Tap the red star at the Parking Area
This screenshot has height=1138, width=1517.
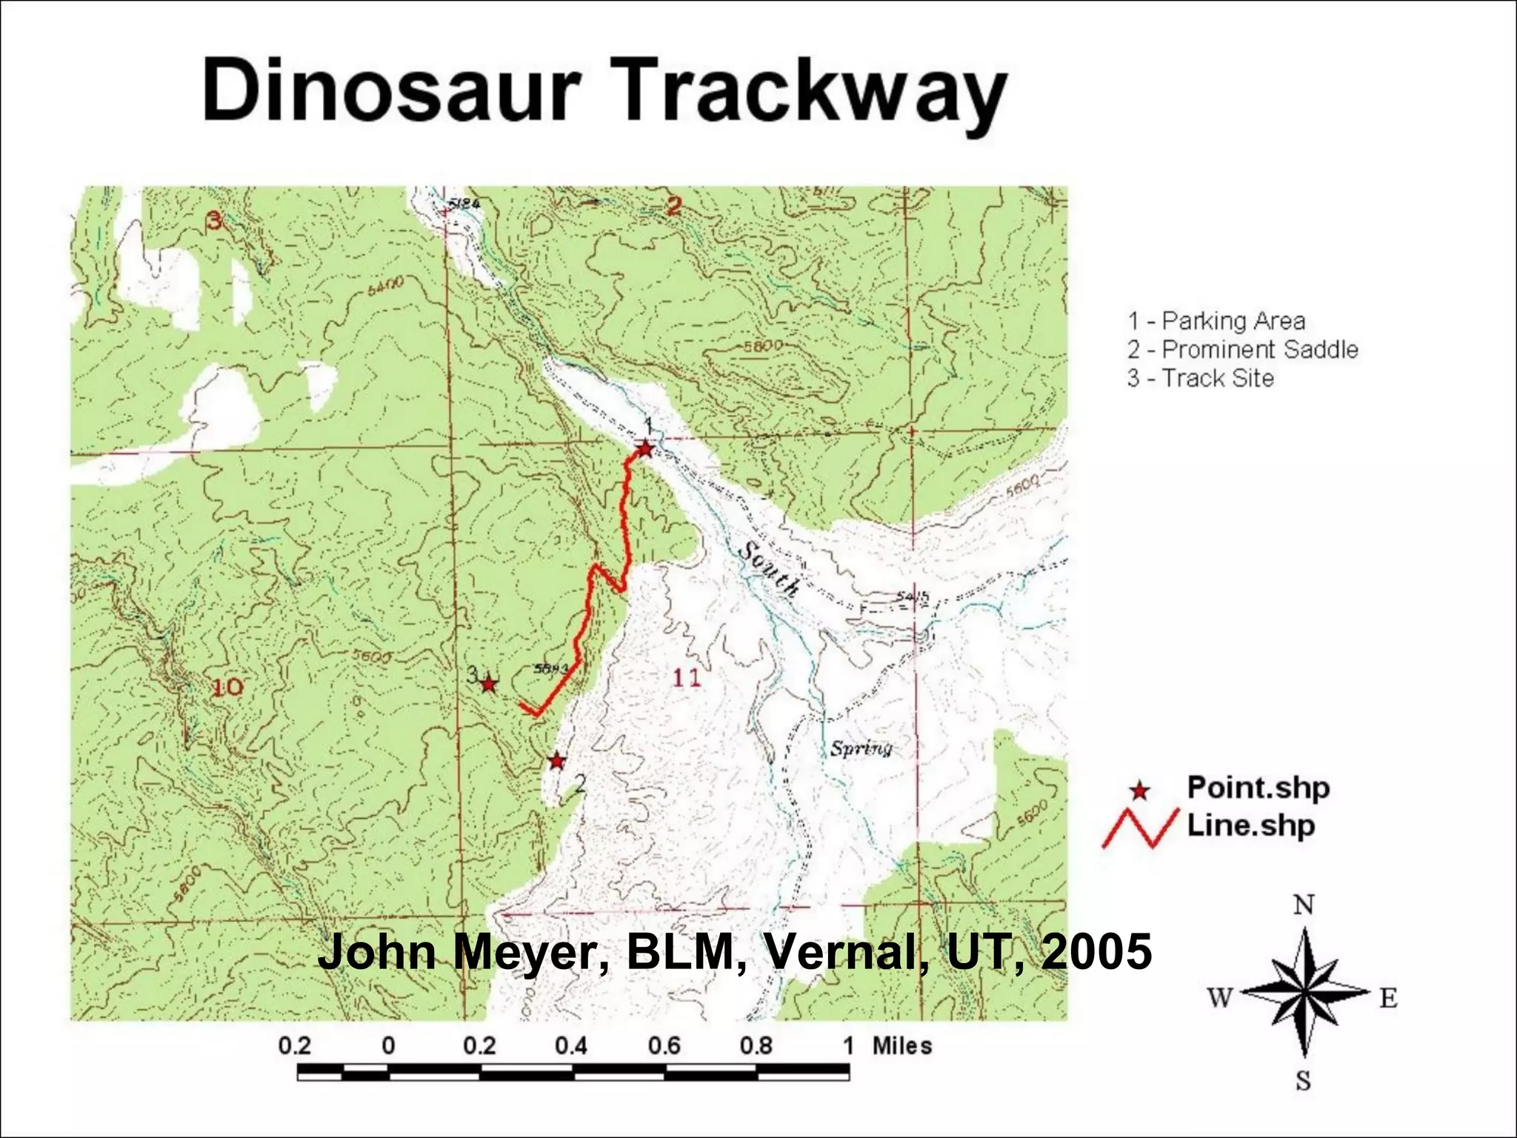pos(645,449)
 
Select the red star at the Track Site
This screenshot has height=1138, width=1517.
pos(488,684)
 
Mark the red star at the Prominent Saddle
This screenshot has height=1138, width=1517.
pos(557,761)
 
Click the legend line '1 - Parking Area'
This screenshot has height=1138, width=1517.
pos(1216,321)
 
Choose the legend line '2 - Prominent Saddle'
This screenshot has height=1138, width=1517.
pos(1242,349)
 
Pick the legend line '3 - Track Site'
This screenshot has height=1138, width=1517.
pos(1200,378)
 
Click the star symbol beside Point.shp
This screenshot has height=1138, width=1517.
pos(1140,791)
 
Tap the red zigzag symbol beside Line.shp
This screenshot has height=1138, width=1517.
pos(1140,828)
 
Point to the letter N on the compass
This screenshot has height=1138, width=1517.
pos(1304,905)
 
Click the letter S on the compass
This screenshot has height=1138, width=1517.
pos(1304,1080)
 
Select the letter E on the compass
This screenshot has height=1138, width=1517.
pos(1388,999)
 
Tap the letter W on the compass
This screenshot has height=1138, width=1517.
pos(1220,998)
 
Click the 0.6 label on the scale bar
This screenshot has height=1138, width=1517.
pos(664,1045)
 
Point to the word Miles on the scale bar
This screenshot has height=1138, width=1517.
pos(901,1045)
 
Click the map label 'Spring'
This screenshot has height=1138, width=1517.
pos(861,748)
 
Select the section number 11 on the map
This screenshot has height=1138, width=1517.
pos(686,677)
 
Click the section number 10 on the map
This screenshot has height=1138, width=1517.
pos(227,687)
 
